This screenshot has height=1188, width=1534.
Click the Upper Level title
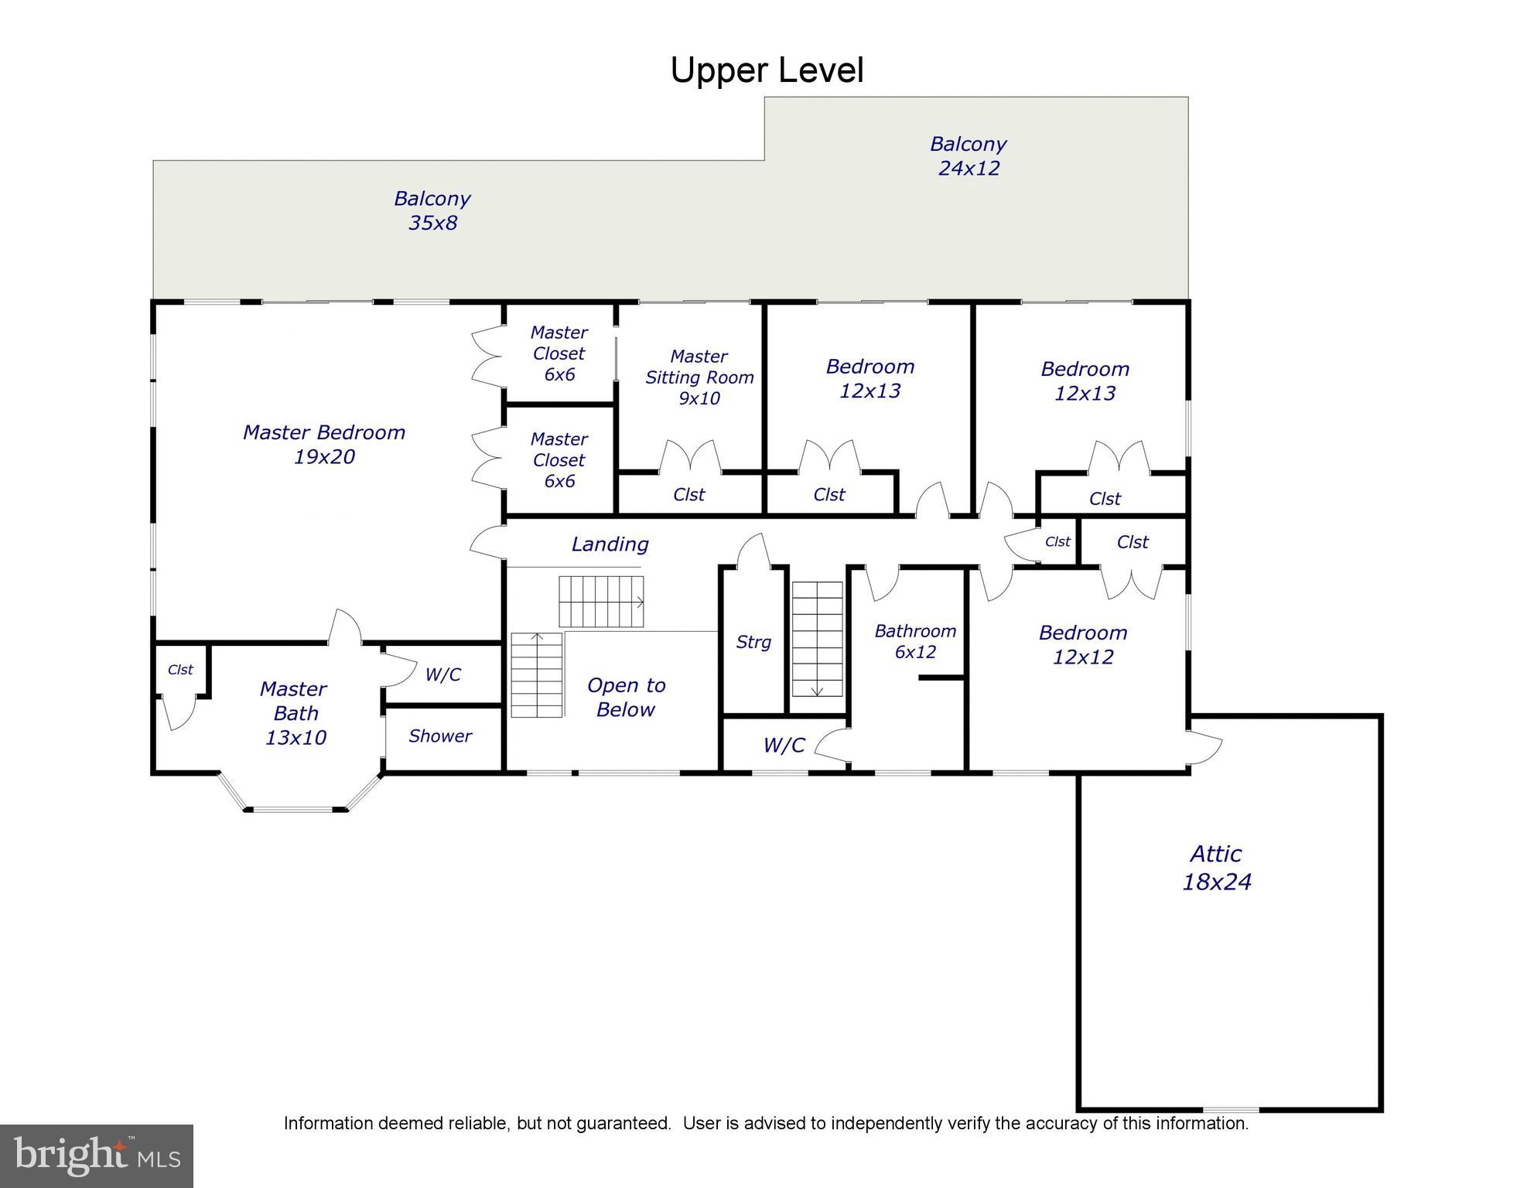[766, 70]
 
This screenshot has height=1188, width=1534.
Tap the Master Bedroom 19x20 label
[324, 444]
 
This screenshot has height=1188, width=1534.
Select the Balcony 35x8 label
[432, 210]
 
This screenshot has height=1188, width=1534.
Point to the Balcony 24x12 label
[968, 155]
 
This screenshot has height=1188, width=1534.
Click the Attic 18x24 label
[1216, 867]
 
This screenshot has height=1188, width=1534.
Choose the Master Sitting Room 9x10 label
[699, 377]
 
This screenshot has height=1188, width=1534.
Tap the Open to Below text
[626, 697]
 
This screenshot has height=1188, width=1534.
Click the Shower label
[440, 736]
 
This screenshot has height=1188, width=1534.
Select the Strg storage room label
[753, 642]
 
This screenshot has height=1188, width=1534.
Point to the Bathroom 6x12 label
[915, 641]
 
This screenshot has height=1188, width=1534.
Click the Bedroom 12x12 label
[1082, 644]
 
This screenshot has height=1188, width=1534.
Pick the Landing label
[610, 544]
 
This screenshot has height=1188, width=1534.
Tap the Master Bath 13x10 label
[295, 712]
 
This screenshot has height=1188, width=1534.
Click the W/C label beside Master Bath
[442, 674]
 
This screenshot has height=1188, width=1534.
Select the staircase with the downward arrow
[817, 639]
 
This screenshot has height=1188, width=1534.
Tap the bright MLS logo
[97, 1156]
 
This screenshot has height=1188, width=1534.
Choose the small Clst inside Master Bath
[180, 670]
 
